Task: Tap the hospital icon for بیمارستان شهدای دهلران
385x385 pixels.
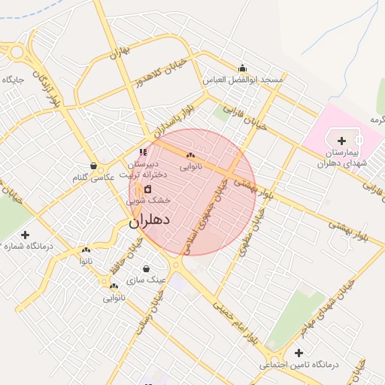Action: [342, 141]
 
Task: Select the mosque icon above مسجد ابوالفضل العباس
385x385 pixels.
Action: [241, 68]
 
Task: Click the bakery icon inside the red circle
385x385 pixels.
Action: [189, 156]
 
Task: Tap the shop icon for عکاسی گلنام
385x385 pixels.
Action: [92, 165]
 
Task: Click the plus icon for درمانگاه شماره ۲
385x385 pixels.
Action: [26, 235]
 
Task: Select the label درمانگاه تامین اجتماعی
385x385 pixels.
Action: [300, 365]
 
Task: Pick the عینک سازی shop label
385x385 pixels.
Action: [139, 280]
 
